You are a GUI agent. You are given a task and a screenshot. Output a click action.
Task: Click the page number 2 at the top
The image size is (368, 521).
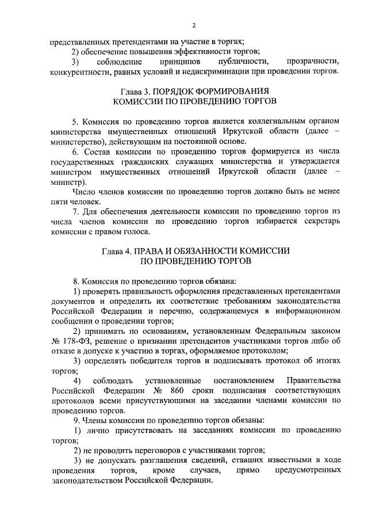[x=194, y=25]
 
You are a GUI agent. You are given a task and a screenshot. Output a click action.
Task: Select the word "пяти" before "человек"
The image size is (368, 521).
[x=60, y=201]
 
